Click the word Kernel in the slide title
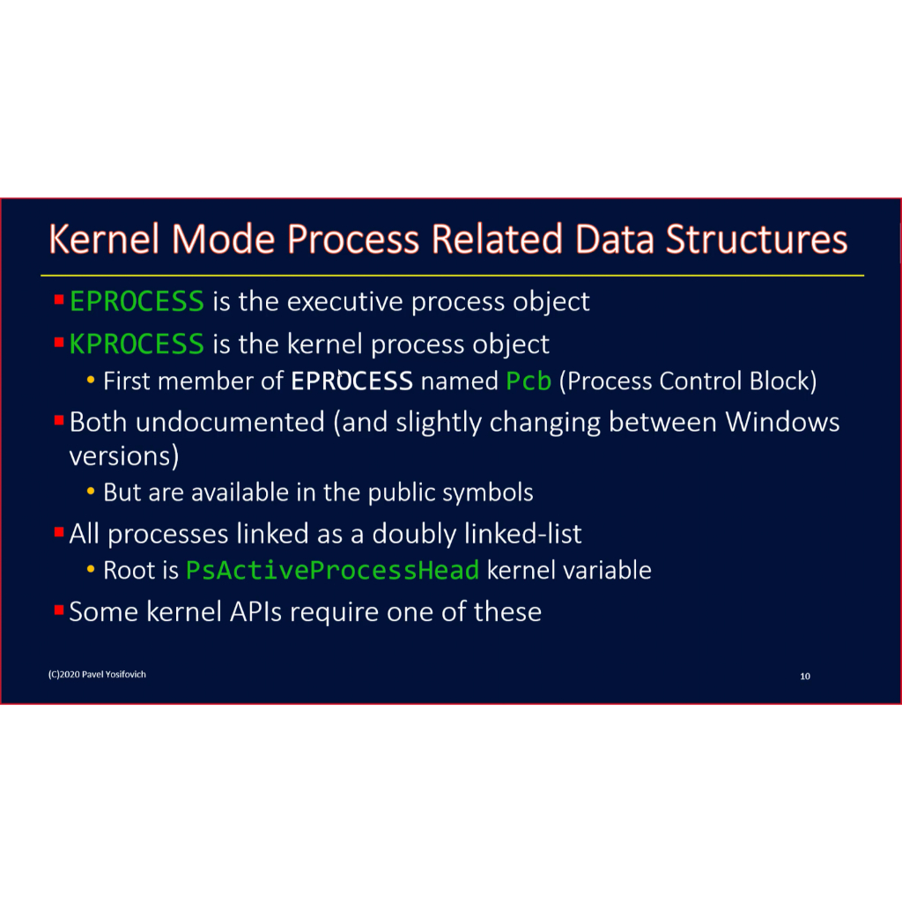click(x=104, y=239)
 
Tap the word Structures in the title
click(x=757, y=239)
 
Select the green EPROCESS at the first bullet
click(x=137, y=301)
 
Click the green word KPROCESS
click(x=137, y=344)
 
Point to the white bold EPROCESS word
click(x=351, y=381)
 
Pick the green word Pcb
click(x=529, y=381)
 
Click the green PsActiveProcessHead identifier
click(x=332, y=570)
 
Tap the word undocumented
click(x=230, y=422)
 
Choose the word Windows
click(x=782, y=422)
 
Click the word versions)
click(x=123, y=456)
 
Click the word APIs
click(x=256, y=611)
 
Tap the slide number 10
click(x=805, y=676)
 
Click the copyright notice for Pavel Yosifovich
click(x=97, y=674)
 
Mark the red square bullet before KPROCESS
click(x=59, y=343)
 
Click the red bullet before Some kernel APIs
click(x=59, y=610)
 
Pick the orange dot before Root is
click(x=91, y=570)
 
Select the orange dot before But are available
click(x=91, y=492)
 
